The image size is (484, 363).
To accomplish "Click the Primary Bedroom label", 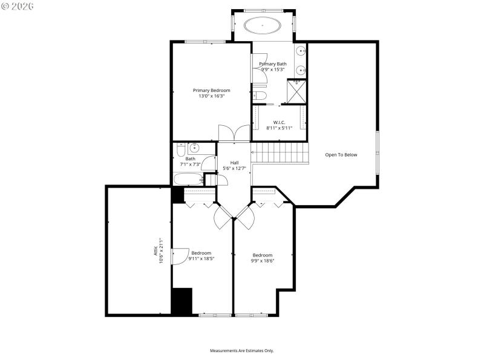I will [211, 90].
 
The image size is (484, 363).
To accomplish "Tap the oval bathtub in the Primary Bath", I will [262, 26].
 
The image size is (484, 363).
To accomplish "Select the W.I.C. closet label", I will [279, 122].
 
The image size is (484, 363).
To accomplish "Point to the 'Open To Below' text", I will [341, 155].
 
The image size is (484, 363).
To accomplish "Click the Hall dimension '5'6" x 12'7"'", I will [234, 168].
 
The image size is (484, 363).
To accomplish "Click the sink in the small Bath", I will [194, 148].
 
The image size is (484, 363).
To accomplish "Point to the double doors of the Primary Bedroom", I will [234, 134].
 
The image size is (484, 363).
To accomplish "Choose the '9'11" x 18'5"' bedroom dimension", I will [201, 258].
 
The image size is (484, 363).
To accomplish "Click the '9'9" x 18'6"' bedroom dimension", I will [263, 261].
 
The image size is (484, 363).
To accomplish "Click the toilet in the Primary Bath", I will [259, 95].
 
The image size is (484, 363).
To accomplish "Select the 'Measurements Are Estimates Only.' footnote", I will [242, 351].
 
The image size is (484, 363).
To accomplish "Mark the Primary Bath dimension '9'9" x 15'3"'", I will [273, 70].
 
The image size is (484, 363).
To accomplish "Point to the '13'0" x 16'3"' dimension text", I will [211, 96].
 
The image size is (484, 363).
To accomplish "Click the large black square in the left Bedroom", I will [181, 301].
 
